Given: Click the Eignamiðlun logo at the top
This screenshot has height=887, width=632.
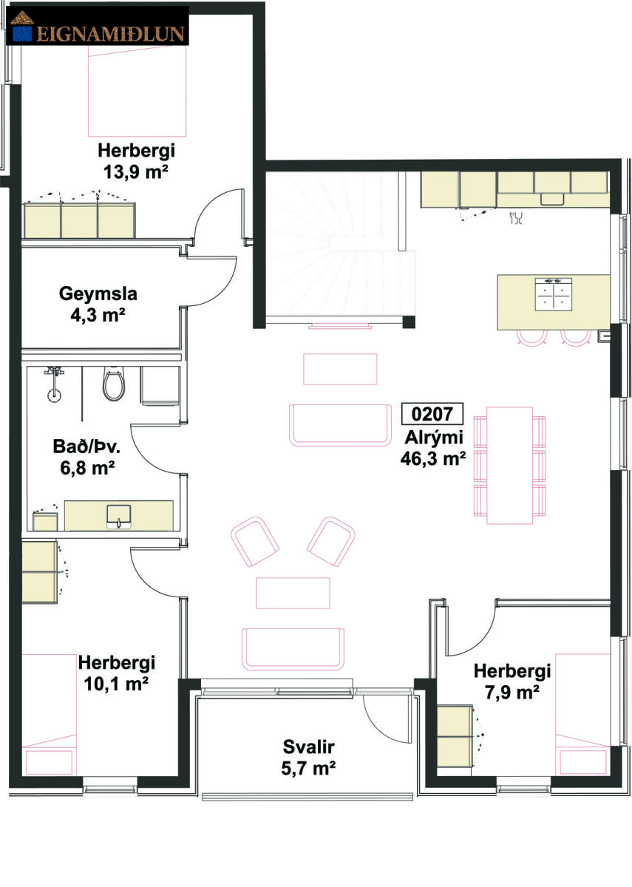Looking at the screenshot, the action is click(x=98, y=27).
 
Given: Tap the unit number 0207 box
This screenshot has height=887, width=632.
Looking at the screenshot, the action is click(x=432, y=414).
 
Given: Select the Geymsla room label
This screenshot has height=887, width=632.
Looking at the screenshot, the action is click(x=98, y=294).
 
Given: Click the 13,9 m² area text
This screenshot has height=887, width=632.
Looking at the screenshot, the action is click(x=135, y=171).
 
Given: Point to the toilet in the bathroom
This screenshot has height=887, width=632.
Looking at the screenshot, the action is click(x=114, y=383).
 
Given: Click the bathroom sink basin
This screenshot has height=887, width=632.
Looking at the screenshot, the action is click(x=119, y=517).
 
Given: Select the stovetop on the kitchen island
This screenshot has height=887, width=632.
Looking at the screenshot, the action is click(x=554, y=294).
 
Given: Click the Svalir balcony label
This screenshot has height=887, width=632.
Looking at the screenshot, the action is click(x=308, y=747).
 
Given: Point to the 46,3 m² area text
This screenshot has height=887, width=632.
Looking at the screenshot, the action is click(x=433, y=458).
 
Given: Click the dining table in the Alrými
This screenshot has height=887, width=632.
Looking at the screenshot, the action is click(x=509, y=465).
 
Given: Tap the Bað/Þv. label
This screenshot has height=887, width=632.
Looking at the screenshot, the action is click(x=86, y=446).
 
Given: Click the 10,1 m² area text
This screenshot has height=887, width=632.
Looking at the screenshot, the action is click(x=116, y=684).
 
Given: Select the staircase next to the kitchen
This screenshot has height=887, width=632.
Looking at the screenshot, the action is click(x=340, y=245).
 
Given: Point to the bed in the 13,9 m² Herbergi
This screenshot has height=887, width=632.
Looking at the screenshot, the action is click(x=137, y=91).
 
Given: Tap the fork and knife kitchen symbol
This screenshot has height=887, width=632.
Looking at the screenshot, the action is click(x=517, y=217).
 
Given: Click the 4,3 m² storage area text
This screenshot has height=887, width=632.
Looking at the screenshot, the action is click(x=98, y=316).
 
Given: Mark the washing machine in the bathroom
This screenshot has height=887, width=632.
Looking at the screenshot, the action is click(x=160, y=386).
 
